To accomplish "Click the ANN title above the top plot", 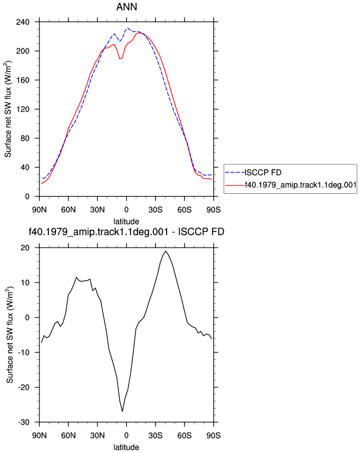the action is point(127,7).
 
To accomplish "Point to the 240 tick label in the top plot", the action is point(23,22).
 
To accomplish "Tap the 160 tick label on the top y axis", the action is point(23,80).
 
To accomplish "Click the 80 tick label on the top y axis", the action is point(25,138).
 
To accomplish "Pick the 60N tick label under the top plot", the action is point(68,210).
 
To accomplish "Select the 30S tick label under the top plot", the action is point(156,210).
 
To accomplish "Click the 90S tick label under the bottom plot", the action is point(213,435).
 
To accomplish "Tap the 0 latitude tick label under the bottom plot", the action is point(126,435).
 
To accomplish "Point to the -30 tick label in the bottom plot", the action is point(24,422).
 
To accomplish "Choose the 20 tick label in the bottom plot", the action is point(25,248).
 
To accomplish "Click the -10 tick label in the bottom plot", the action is point(24,353).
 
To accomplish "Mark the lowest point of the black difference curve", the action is point(122,411).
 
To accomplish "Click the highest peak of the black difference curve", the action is point(166,251).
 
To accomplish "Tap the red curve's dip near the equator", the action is point(119,59).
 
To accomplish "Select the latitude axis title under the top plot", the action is point(126,222).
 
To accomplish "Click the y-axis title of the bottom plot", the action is point(10,335).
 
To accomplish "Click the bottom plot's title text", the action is point(126,231).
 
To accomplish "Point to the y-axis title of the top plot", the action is point(8,109).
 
